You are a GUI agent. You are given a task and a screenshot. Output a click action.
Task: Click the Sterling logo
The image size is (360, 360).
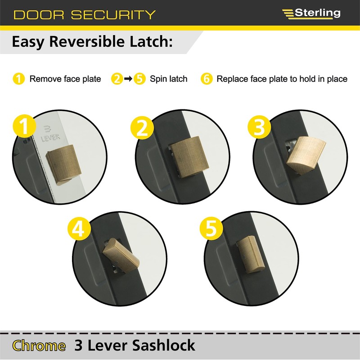[x=311, y=13]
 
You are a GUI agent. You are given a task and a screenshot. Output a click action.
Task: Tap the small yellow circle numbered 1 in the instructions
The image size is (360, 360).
[x=18, y=79]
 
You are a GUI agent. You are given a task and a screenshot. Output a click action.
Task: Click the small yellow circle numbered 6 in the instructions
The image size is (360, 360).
[x=207, y=79]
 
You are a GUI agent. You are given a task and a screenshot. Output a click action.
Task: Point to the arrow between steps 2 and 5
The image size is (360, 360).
[x=128, y=79]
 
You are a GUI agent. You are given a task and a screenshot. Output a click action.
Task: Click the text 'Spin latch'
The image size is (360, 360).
[x=168, y=79]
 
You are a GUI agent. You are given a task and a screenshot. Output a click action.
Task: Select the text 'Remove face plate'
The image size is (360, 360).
[x=65, y=79]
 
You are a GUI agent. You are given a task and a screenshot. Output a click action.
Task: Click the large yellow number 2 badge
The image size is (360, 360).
[x=142, y=128]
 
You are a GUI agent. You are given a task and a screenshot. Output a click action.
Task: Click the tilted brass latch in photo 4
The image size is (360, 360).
[x=122, y=254]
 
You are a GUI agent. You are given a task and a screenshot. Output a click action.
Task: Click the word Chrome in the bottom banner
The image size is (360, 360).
[x=39, y=346]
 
